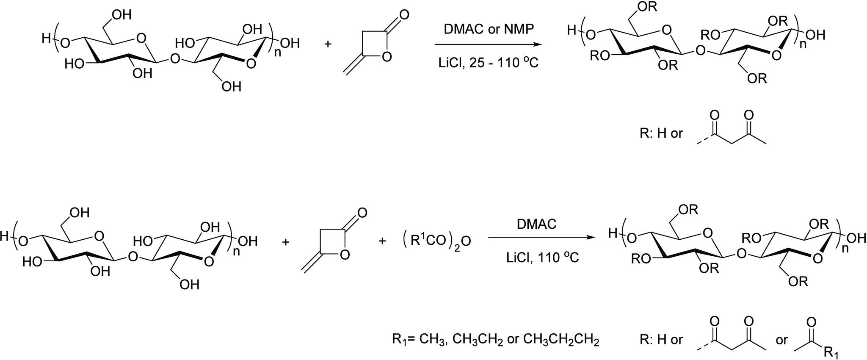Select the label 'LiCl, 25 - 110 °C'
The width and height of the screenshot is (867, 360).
488,63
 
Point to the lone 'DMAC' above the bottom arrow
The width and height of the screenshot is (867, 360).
536,224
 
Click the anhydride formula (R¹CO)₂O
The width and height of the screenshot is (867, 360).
436,241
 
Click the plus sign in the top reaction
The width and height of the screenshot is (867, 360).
328,44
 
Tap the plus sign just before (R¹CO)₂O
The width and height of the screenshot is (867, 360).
382,241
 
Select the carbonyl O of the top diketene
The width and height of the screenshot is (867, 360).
404,15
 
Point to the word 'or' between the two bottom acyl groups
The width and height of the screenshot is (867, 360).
781,340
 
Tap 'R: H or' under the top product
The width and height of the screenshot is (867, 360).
661,133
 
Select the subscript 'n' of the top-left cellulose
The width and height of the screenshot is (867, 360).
277,53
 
